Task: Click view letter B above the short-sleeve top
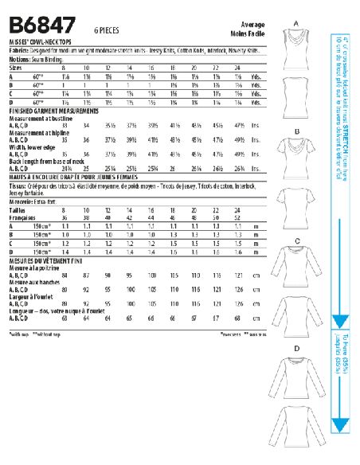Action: pyautogui.click(x=295, y=130)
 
